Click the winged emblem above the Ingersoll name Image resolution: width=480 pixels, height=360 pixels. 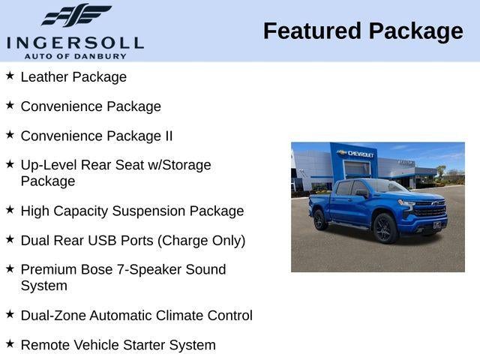click(x=75, y=15)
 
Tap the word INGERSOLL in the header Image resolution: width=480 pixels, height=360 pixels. click(x=75, y=42)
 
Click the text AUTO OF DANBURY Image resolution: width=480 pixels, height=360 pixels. click(x=75, y=55)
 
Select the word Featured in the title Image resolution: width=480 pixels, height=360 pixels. click(x=312, y=31)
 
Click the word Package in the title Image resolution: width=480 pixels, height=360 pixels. click(x=415, y=31)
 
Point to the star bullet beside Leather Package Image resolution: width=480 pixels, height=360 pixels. click(x=10, y=76)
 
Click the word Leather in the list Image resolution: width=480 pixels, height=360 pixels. click(x=44, y=76)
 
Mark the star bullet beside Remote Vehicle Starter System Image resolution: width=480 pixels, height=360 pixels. click(x=10, y=344)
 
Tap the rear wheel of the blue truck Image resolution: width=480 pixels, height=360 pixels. click(x=320, y=220)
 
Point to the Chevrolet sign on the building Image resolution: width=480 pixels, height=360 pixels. click(x=357, y=154)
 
